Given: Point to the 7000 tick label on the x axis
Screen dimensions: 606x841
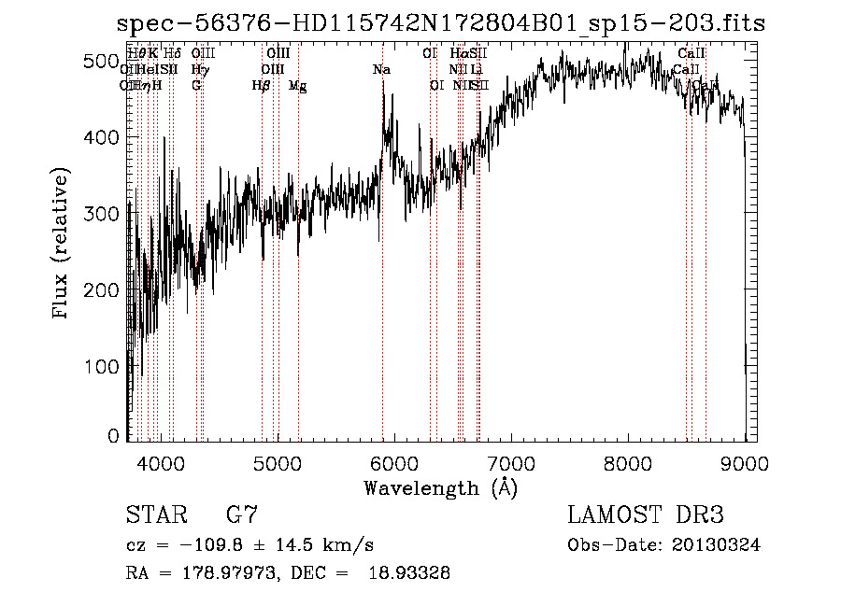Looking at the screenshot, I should (x=511, y=462).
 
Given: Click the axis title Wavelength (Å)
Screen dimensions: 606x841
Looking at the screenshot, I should (x=440, y=487).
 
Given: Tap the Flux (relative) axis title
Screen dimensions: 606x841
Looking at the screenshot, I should (x=63, y=245).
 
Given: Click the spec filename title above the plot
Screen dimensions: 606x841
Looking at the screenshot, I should (x=442, y=24).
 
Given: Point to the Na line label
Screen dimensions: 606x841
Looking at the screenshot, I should (x=381, y=70).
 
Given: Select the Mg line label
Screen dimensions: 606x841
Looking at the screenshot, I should (x=297, y=86).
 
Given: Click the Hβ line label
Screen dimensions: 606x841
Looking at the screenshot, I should (x=262, y=86).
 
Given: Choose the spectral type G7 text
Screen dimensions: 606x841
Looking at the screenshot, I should (x=242, y=514).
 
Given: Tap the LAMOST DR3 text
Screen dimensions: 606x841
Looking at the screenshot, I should (x=646, y=514).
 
